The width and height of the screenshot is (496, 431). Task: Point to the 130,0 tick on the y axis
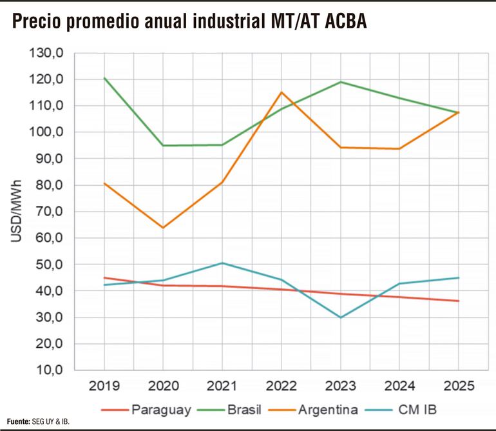(46, 53)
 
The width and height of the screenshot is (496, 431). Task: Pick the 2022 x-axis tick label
(281, 386)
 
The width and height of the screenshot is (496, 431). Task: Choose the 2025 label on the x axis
(459, 386)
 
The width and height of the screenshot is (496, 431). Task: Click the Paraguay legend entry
(155, 408)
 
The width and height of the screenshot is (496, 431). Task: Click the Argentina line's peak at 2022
(281, 92)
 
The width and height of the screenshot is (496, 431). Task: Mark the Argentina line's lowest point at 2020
(162, 228)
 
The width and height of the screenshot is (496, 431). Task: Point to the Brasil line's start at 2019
(104, 78)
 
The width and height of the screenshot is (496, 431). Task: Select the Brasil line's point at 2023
(340, 82)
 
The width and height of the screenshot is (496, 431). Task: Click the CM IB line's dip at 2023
(340, 317)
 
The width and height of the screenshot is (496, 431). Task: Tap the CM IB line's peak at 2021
(222, 263)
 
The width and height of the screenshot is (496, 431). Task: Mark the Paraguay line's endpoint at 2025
(459, 301)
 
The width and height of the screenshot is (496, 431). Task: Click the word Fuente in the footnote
(18, 421)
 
